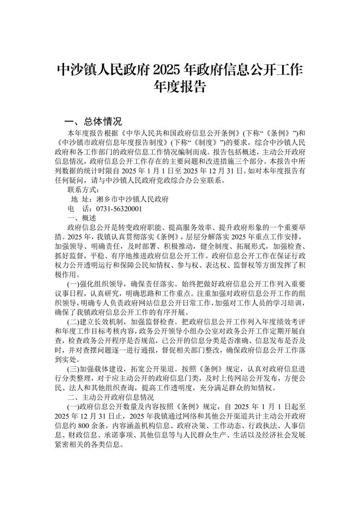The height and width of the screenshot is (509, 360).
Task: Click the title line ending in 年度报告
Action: (180, 86)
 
